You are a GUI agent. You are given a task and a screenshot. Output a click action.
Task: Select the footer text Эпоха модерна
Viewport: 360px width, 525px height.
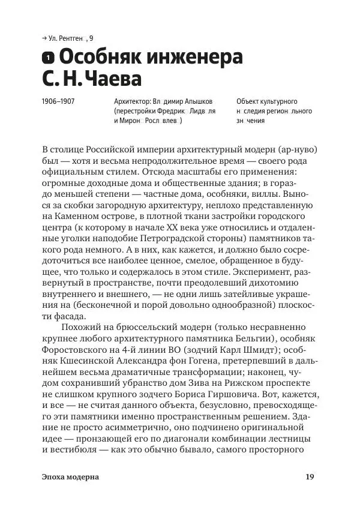point(71,478)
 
